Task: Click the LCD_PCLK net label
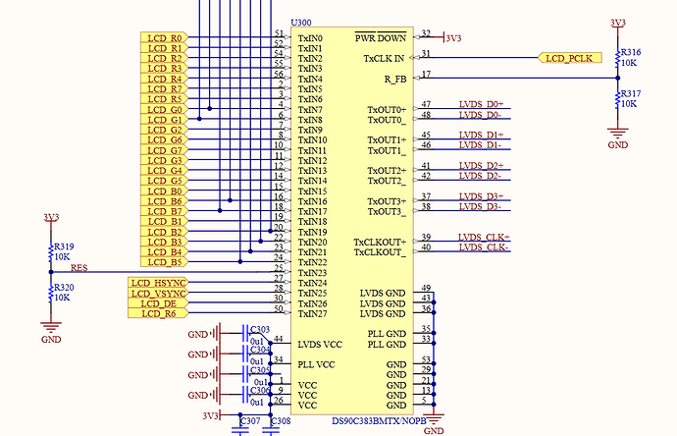click(x=568, y=58)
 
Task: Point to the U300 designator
click(x=301, y=22)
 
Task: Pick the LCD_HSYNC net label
click(x=158, y=283)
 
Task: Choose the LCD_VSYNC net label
click(x=158, y=293)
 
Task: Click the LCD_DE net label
click(x=158, y=303)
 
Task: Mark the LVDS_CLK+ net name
click(x=483, y=237)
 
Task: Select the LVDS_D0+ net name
click(x=481, y=104)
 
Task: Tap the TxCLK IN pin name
click(x=385, y=58)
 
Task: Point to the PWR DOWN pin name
click(x=381, y=38)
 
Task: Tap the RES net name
click(x=78, y=267)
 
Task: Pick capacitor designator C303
click(x=259, y=330)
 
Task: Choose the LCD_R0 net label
click(x=165, y=37)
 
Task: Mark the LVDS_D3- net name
click(x=481, y=206)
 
